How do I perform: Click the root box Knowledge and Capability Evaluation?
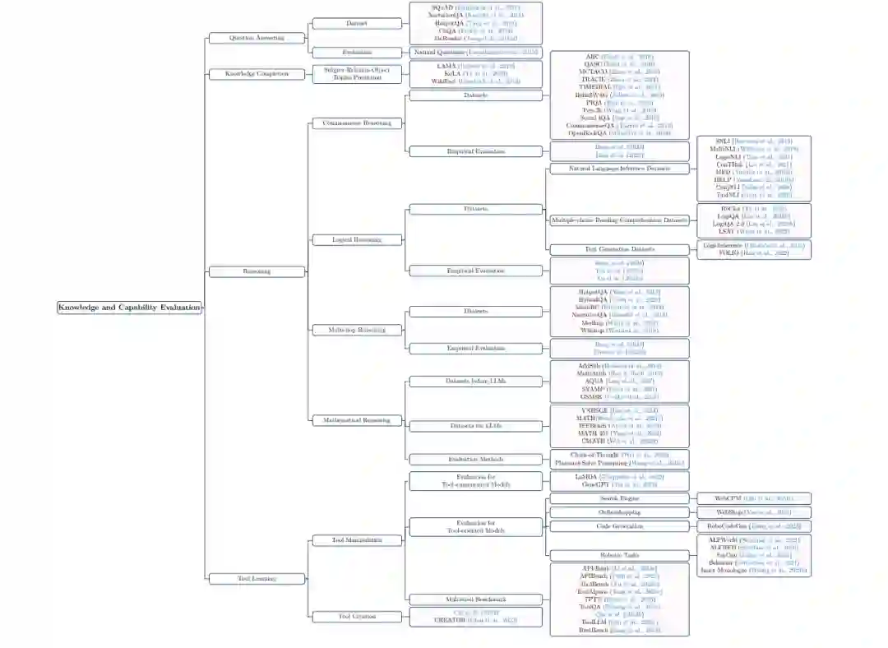129,308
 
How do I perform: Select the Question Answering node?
257,38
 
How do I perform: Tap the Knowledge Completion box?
257,74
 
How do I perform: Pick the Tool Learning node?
257,578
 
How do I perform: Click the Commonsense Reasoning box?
357,123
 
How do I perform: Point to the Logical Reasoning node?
357,240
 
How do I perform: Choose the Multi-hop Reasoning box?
357,330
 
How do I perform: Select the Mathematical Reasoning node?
357,420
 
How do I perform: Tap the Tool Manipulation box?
357,540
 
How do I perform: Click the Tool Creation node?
357,616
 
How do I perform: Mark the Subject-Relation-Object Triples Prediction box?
357,74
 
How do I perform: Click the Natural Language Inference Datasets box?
620,169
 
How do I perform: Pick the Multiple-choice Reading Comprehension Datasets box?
620,220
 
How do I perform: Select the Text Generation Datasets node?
620,249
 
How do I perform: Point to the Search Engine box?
620,498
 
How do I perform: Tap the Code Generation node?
620,525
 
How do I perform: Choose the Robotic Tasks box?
620,556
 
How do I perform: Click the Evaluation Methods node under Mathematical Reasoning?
475,459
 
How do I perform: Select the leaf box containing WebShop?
754,512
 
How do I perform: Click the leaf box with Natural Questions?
475,53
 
